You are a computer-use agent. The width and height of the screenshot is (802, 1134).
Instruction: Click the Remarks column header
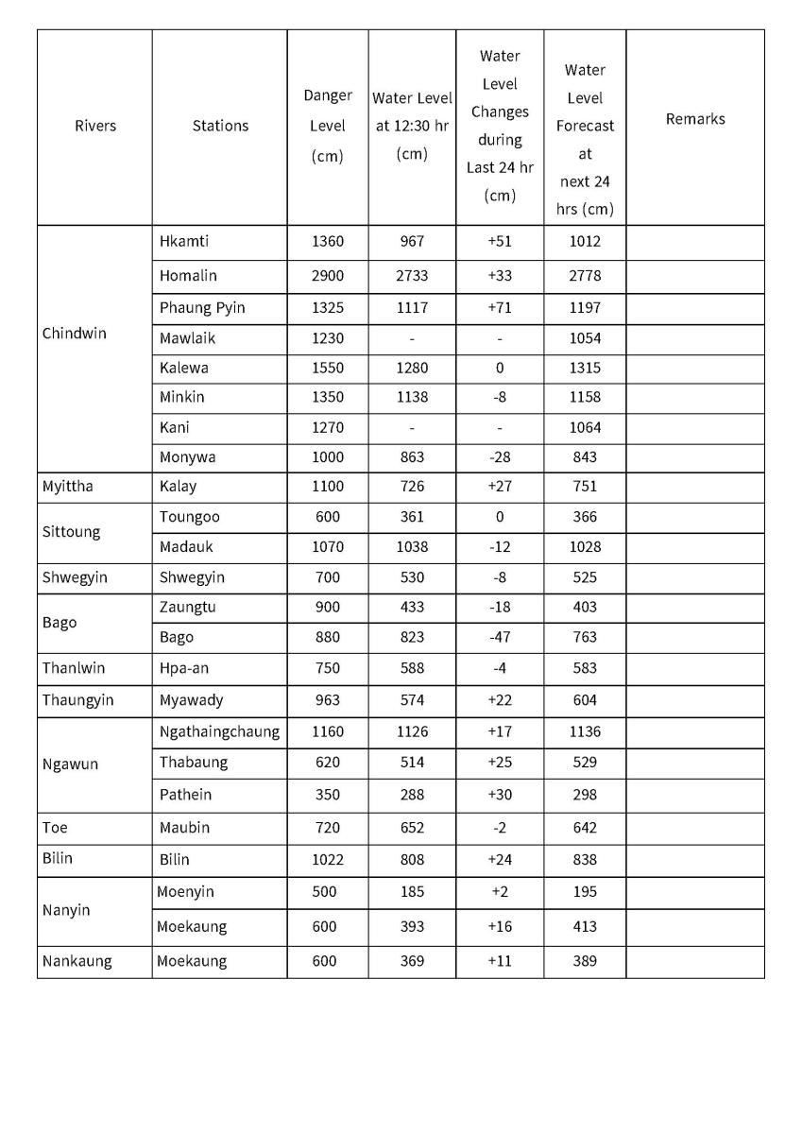pos(695,119)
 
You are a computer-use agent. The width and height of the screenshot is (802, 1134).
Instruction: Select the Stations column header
pos(220,126)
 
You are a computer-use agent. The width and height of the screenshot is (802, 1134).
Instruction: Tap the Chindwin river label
pos(75,334)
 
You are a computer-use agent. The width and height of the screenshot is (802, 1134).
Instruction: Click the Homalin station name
pos(188,276)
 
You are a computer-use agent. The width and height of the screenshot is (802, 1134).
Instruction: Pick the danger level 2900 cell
pos(328,276)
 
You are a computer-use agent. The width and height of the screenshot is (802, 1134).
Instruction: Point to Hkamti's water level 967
pos(412,241)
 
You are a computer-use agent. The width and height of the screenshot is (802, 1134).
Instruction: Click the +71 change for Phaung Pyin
pos(500,307)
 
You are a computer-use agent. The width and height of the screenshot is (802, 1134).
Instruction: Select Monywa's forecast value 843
pos(585,457)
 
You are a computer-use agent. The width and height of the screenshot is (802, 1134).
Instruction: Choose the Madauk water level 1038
pos(412,546)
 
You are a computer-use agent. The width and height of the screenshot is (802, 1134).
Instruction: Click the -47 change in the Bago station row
pos(500,637)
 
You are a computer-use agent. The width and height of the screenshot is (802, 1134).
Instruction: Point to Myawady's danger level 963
pos(328,700)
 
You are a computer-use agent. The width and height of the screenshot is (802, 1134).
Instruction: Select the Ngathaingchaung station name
pos(219,731)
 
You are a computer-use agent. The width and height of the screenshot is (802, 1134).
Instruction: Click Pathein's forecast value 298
pos(585,795)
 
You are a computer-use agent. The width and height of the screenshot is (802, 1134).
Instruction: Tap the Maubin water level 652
pos(412,828)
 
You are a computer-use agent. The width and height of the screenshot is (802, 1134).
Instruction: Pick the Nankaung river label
pos(77,961)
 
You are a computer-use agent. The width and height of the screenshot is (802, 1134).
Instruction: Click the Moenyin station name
pos(185,892)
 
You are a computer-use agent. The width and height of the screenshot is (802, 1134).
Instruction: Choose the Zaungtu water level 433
pos(412,607)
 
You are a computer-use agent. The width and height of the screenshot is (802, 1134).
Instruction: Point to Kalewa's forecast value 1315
pos(585,368)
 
